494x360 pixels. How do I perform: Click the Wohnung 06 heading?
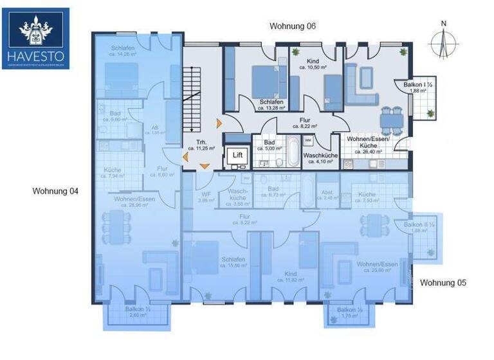293,26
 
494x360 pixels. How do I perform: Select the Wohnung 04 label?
55,191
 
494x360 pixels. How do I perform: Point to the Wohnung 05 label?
443,282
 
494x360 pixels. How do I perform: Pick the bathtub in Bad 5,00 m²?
292,153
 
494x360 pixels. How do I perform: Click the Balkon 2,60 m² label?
138,312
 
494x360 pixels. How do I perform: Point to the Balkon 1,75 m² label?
349,312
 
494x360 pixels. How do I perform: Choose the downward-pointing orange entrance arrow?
205,166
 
